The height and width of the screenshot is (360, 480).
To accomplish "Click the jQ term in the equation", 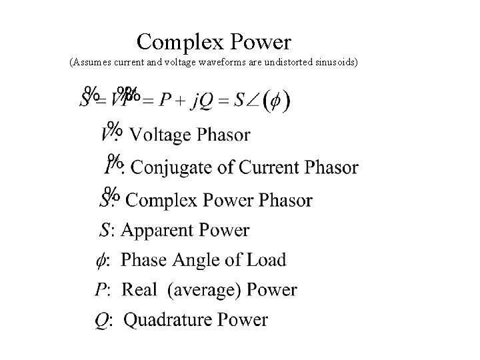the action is tap(204, 102).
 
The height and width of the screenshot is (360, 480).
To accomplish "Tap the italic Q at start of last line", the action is tap(101, 321).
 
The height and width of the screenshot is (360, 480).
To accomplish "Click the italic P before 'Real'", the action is tap(100, 289).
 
